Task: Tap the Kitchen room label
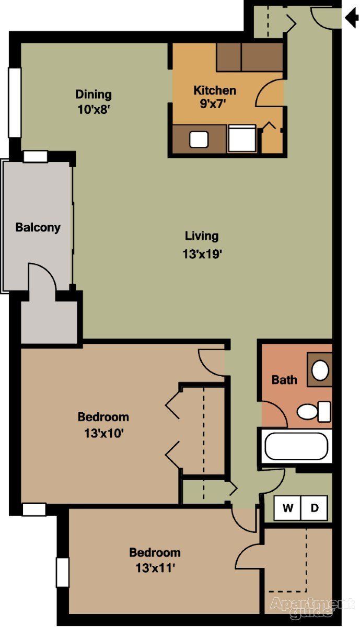click(214, 90)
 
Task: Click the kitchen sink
click(199, 140)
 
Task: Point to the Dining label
click(94, 95)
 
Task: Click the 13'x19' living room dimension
click(202, 254)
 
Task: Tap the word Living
click(202, 236)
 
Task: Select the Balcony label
click(38, 228)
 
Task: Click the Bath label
click(284, 380)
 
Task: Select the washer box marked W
click(287, 508)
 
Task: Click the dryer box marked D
click(315, 508)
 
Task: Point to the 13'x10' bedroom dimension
click(103, 433)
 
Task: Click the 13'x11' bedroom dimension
click(155, 568)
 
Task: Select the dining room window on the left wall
click(14, 102)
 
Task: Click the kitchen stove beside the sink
click(242, 139)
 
